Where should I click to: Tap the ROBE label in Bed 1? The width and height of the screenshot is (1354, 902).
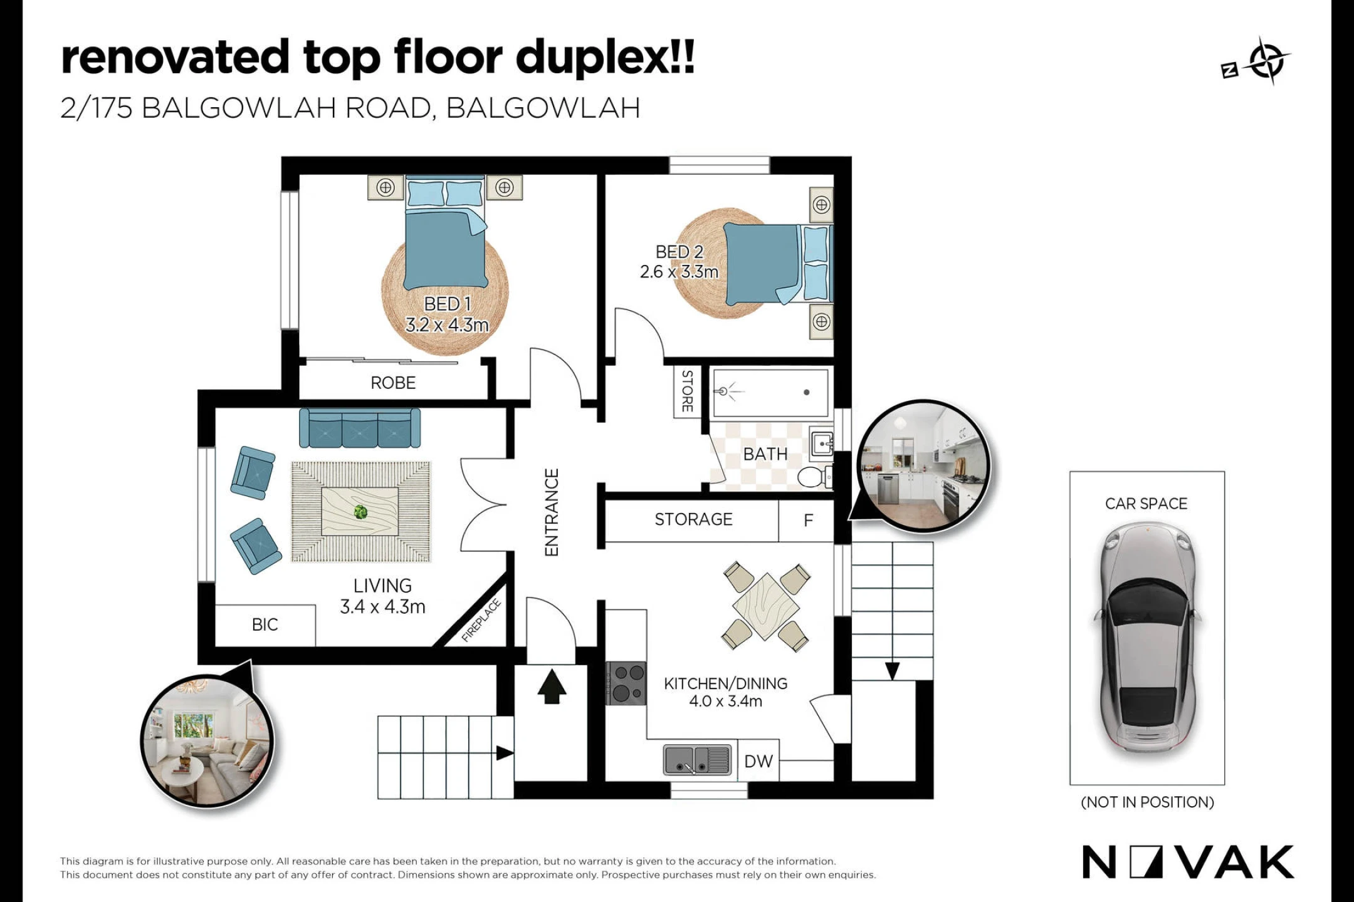(393, 383)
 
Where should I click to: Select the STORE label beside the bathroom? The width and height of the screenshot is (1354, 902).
(688, 391)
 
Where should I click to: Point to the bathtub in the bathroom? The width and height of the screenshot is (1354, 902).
(770, 393)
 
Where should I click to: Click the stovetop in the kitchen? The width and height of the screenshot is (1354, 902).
(626, 683)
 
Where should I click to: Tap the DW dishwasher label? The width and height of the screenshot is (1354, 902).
(758, 762)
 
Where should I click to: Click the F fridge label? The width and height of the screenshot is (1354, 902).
(808, 520)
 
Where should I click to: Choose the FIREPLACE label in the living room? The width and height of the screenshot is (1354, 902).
(481, 620)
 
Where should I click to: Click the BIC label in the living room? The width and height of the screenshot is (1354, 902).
(265, 625)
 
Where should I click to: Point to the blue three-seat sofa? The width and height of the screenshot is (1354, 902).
(360, 428)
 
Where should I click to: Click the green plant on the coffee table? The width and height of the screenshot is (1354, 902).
(360, 512)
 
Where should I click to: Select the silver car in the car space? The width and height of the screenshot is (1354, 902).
(1147, 638)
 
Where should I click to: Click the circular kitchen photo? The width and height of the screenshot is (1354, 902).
(923, 466)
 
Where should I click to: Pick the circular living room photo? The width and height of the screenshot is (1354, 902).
(207, 741)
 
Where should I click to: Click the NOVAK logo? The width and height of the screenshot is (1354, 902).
(1188, 862)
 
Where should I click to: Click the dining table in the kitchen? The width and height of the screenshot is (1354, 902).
(766, 606)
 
